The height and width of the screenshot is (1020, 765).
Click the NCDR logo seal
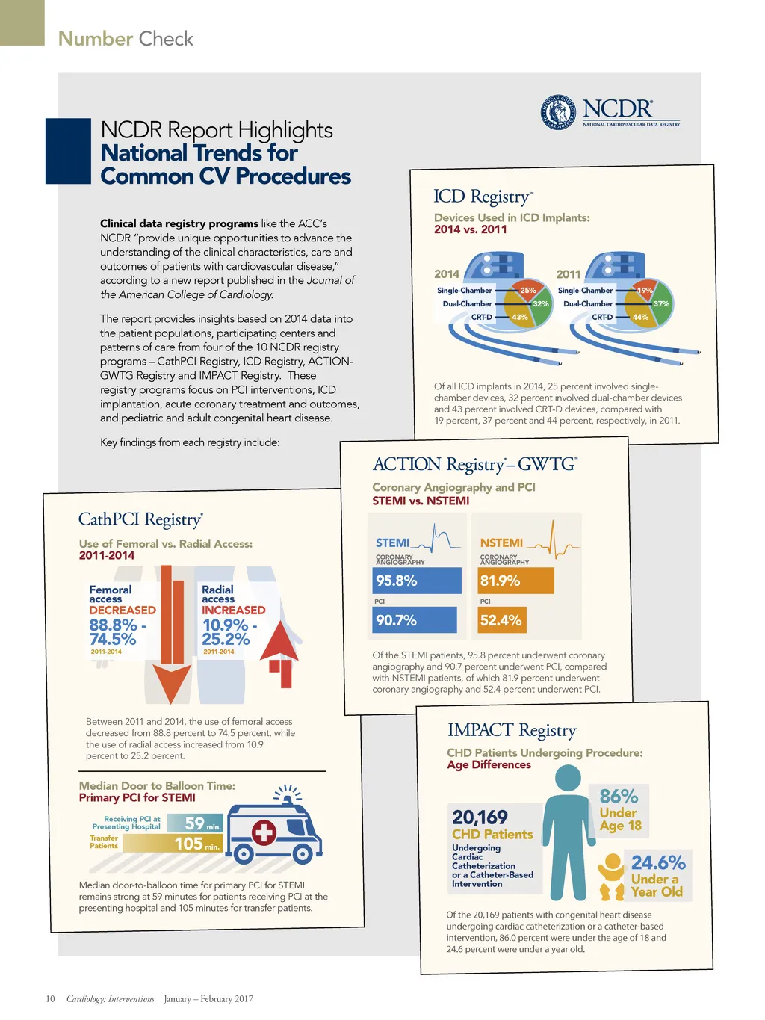(558, 113)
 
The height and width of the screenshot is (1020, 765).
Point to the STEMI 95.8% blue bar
(417, 581)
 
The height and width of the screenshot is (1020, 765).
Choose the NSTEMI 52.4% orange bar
(501, 620)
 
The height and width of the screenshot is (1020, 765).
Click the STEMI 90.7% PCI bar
(415, 620)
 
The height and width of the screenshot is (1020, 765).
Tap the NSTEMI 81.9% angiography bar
(516, 581)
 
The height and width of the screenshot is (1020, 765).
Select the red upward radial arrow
(280, 650)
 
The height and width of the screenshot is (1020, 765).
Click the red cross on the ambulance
(263, 832)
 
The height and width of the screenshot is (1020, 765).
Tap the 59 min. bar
(195, 823)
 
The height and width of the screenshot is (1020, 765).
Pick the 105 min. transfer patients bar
(173, 844)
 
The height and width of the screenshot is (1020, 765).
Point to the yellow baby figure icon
(612, 877)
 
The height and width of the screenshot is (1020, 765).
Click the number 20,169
(480, 817)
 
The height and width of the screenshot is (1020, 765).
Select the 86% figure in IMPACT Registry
(619, 797)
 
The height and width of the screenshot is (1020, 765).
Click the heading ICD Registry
(483, 197)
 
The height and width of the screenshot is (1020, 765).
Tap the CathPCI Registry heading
(140, 519)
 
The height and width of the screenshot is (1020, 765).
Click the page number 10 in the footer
(50, 999)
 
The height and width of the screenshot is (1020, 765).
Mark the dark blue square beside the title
(68, 151)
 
